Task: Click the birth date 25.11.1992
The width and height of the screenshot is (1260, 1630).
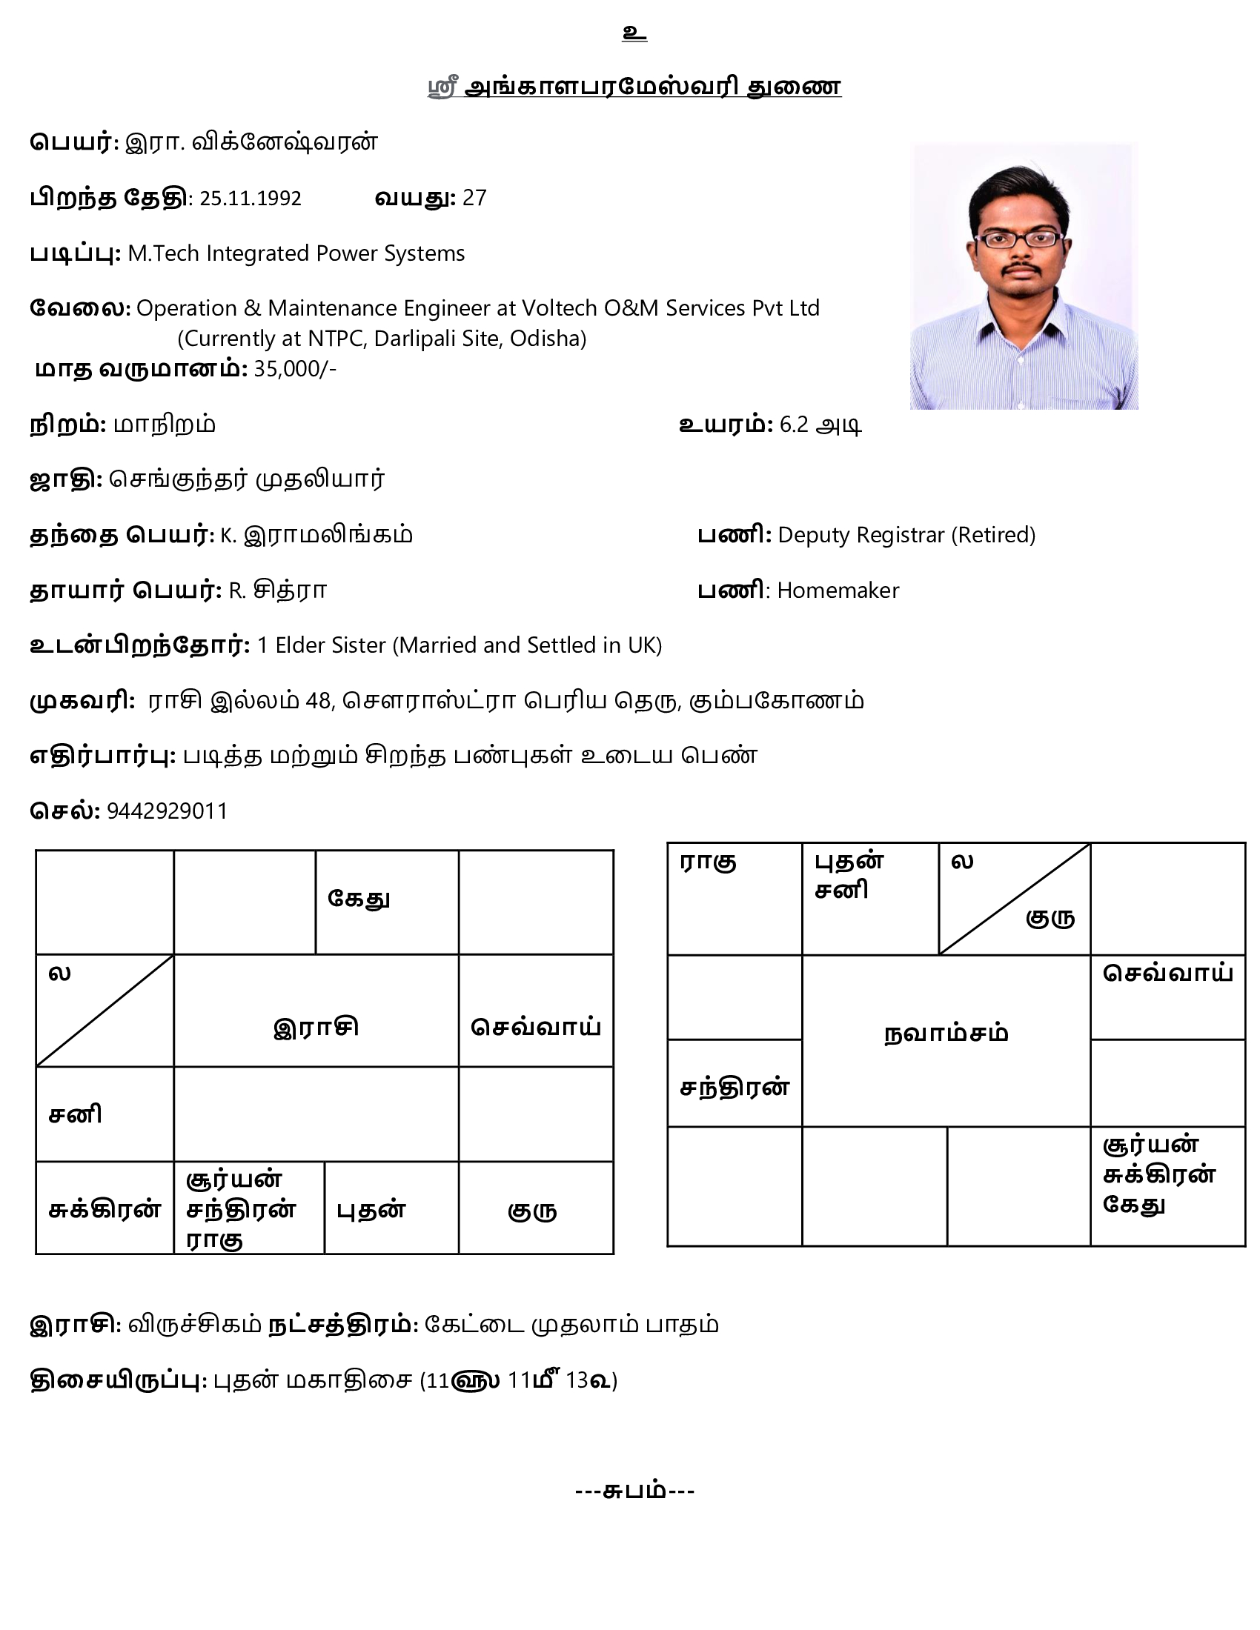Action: [x=250, y=199]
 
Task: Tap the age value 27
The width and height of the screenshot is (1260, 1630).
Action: [x=474, y=198]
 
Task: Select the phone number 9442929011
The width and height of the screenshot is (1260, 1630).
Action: [x=168, y=811]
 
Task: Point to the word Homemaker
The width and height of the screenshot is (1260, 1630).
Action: [x=838, y=591]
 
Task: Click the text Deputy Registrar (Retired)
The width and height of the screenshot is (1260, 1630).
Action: [x=906, y=535]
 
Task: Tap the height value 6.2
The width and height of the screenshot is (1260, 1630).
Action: [x=795, y=425]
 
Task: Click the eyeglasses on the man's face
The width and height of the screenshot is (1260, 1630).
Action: [x=1021, y=239]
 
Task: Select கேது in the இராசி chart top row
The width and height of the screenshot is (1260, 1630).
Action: [x=359, y=899]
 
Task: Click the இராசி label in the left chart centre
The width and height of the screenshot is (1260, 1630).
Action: [x=316, y=1027]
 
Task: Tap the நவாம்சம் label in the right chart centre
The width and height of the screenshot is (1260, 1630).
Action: [x=946, y=1034]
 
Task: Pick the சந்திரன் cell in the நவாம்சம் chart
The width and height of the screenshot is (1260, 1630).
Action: [x=735, y=1088]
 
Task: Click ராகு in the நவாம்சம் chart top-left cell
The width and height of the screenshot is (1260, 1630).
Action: [x=709, y=862]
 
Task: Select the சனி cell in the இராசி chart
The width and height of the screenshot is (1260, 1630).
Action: [x=76, y=1115]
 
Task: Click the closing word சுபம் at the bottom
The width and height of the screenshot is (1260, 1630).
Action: [x=634, y=1491]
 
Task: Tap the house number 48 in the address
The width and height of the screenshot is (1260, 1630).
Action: [x=318, y=701]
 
